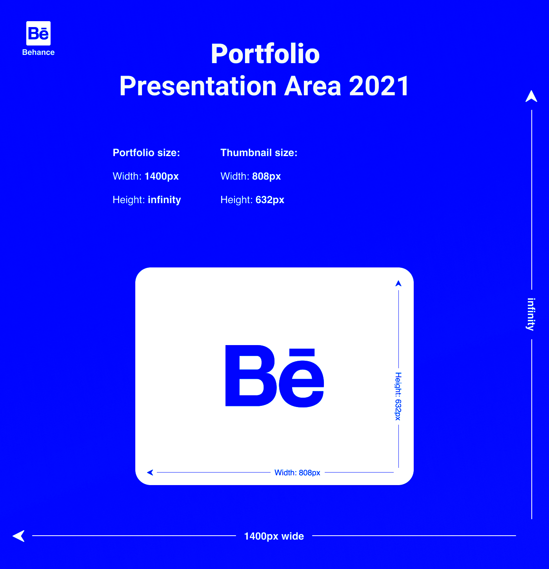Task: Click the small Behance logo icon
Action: (x=38, y=33)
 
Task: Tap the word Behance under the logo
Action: (x=38, y=53)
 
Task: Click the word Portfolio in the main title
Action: (x=265, y=54)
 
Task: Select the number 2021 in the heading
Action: (x=379, y=86)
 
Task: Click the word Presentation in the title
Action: (x=198, y=86)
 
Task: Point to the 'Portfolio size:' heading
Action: (x=146, y=153)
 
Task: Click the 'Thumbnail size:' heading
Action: (x=259, y=153)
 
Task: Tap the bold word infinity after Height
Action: (x=164, y=200)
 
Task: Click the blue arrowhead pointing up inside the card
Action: (x=398, y=283)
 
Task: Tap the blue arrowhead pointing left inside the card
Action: (x=150, y=473)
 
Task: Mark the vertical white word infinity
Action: (x=531, y=314)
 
